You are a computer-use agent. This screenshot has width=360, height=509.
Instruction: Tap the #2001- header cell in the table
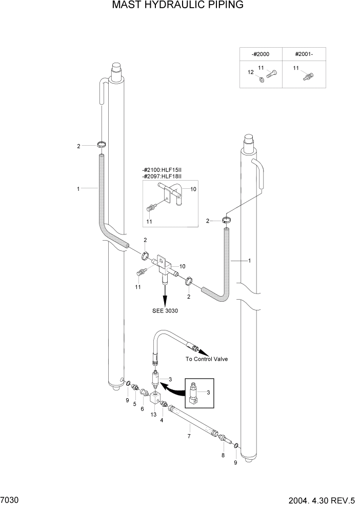pyautogui.click(x=304, y=54)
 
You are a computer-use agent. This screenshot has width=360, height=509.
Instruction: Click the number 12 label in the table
pyautogui.click(x=251, y=72)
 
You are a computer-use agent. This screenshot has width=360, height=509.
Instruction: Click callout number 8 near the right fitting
pyautogui.click(x=223, y=455)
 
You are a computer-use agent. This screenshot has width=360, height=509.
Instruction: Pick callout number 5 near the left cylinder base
pyautogui.click(x=135, y=404)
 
